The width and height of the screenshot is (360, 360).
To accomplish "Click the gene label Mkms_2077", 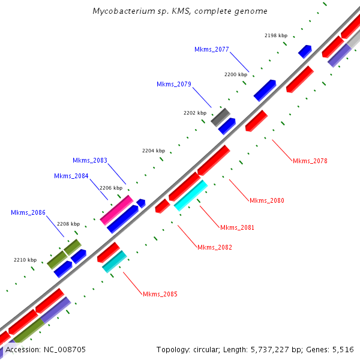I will click(212, 49).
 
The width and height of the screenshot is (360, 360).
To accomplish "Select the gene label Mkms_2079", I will click(174, 84).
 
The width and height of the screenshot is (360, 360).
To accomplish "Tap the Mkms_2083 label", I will click(90, 160).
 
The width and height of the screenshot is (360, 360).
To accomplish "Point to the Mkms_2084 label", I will click(71, 176).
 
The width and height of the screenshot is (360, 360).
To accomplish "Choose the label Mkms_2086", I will click(28, 212).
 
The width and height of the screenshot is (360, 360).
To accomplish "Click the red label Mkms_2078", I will click(310, 161).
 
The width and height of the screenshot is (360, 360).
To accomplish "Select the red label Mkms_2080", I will click(267, 200).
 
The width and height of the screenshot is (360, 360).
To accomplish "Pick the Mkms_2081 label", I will click(237, 227).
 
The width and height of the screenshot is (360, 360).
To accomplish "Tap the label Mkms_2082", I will click(214, 247).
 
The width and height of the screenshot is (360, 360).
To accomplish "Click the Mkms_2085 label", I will click(160, 294).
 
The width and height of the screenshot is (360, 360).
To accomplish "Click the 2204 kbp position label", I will click(153, 151).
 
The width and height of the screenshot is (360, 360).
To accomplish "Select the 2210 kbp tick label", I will click(25, 260).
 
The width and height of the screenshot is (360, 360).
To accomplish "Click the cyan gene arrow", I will click(191, 195).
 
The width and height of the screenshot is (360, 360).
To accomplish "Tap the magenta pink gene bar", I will click(116, 210).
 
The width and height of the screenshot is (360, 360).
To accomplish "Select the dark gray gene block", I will click(220, 116).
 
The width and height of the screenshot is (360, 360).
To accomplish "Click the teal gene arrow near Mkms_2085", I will click(114, 262).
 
